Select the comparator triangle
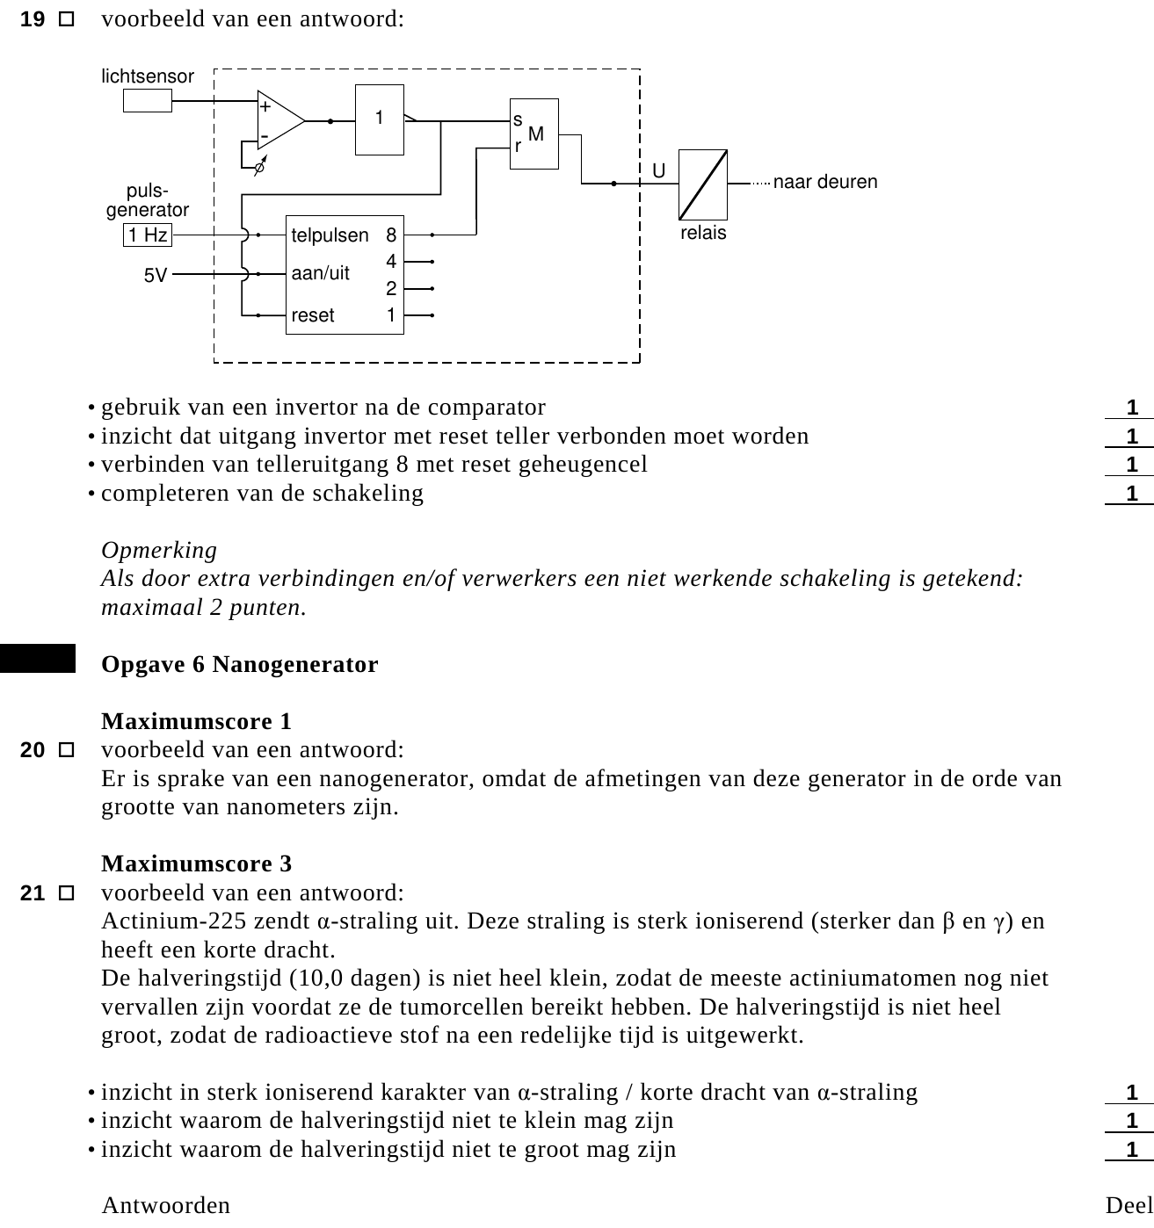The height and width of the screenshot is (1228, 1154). pyautogui.click(x=280, y=120)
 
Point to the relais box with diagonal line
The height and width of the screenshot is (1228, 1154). pyautogui.click(x=703, y=184)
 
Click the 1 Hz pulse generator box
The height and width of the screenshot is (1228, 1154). pyautogui.click(x=148, y=235)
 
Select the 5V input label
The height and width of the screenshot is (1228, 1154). pyautogui.click(x=156, y=275)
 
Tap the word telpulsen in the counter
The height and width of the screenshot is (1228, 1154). pyautogui.click(x=330, y=235)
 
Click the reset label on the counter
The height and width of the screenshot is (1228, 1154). pyautogui.click(x=313, y=315)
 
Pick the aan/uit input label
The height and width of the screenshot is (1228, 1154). pyautogui.click(x=320, y=272)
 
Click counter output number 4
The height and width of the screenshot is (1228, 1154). pyautogui.click(x=391, y=262)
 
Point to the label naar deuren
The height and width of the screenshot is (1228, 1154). pyautogui.click(x=824, y=182)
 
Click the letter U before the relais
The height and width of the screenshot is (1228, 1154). pyautogui.click(x=658, y=170)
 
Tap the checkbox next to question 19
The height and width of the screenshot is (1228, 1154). pyautogui.click(x=66, y=19)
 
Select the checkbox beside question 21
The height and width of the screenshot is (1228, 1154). pyautogui.click(x=66, y=892)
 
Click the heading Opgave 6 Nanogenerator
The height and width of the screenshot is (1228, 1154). pyautogui.click(x=239, y=665)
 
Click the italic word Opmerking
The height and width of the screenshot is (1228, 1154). pyautogui.click(x=159, y=550)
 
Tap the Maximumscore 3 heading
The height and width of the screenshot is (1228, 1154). pyautogui.click(x=196, y=863)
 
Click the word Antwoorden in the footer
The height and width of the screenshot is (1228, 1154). pyautogui.click(x=166, y=1205)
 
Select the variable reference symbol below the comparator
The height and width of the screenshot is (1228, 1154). pyautogui.click(x=260, y=166)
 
